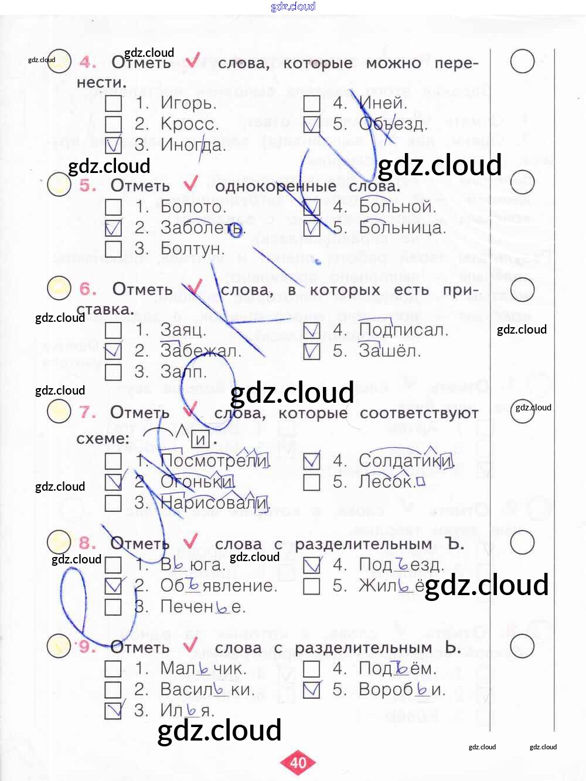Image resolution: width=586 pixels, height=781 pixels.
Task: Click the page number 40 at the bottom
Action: coord(298,762)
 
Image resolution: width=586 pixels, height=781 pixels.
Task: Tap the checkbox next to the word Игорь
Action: coord(113,104)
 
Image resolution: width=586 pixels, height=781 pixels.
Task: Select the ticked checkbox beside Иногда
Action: coord(113,145)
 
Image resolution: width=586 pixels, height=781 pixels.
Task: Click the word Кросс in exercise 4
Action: coord(189,124)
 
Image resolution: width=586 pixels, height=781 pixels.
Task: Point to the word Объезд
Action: coord(393,124)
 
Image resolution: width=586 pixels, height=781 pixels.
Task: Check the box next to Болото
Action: coord(113,208)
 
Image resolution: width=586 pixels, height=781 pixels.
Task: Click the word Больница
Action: coord(402,227)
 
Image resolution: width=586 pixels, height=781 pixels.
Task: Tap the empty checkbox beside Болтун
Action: coord(113,249)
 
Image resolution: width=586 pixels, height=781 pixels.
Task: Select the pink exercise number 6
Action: coord(88,288)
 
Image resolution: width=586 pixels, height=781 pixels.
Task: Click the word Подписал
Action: coord(403,330)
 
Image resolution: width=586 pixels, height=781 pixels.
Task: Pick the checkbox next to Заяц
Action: coord(113,331)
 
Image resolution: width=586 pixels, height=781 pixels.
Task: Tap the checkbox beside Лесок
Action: coord(312,482)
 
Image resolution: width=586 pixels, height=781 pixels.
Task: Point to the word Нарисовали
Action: coord(214,502)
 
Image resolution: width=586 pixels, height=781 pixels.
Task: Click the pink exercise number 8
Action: coord(88,543)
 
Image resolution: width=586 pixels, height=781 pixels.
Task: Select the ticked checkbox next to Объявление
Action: coord(113,586)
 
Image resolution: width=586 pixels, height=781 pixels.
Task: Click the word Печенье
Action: coord(203,607)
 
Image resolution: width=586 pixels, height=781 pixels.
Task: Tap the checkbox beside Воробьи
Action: coord(312,690)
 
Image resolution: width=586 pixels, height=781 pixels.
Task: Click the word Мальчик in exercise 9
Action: coord(203,668)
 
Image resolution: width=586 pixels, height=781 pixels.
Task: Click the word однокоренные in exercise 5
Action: coord(275,186)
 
